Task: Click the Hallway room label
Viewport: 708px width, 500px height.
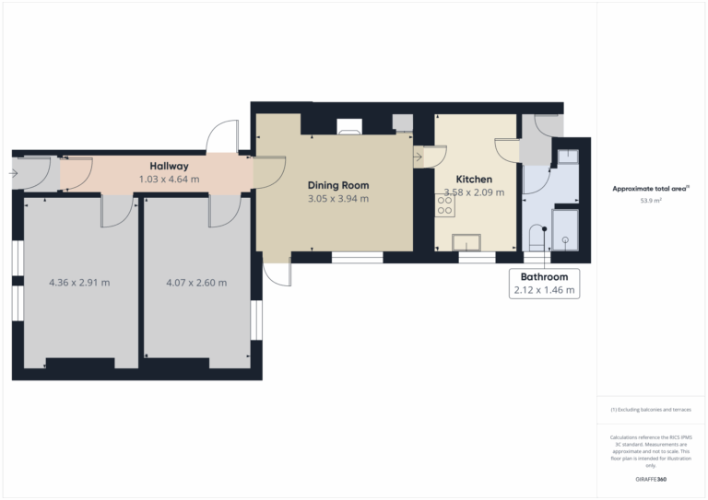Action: [169, 167]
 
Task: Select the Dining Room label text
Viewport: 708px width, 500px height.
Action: [338, 185]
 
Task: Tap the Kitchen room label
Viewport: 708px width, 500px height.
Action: [474, 179]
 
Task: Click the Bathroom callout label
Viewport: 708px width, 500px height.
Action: [544, 277]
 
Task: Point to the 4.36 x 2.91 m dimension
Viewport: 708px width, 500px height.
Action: [79, 283]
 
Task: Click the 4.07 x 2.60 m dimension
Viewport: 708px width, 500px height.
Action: [196, 283]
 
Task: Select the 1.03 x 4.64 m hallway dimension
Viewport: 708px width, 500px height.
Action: [169, 179]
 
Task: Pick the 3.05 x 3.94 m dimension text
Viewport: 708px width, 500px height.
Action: [338, 198]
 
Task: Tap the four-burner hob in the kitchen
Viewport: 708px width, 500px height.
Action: [444, 205]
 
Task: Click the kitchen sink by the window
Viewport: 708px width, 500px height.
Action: [466, 242]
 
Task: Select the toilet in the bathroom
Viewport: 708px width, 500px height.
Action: [537, 238]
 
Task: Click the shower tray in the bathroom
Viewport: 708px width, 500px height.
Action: [565, 230]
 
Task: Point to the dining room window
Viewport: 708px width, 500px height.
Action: [357, 258]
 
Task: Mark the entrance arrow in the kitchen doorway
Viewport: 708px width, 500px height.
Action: [418, 157]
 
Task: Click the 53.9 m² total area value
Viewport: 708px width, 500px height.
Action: [651, 201]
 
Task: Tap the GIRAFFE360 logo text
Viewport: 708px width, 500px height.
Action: [651, 479]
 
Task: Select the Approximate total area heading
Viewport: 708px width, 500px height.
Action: [650, 189]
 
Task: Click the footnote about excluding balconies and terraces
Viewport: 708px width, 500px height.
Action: [651, 410]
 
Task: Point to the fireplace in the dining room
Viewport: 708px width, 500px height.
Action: [349, 127]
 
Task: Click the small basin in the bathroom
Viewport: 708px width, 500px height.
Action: [568, 157]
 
